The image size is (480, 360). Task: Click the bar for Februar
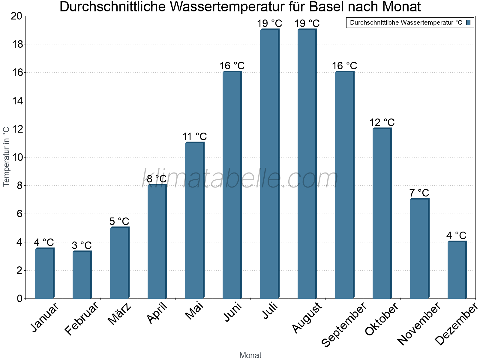pos(82,274)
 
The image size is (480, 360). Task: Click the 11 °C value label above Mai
pos(194,137)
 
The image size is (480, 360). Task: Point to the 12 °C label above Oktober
pos(382,123)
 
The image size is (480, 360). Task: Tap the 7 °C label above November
pos(419,193)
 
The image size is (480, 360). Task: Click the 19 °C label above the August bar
pos(307,23)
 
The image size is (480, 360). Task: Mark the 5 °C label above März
pos(119,222)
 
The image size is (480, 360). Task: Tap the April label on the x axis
pos(157,313)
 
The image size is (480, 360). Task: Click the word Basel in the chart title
pos(326,7)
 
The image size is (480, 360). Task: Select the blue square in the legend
pos(468,22)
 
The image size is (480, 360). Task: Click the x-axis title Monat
pos(250,355)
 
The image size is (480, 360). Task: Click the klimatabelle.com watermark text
pos(240,179)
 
